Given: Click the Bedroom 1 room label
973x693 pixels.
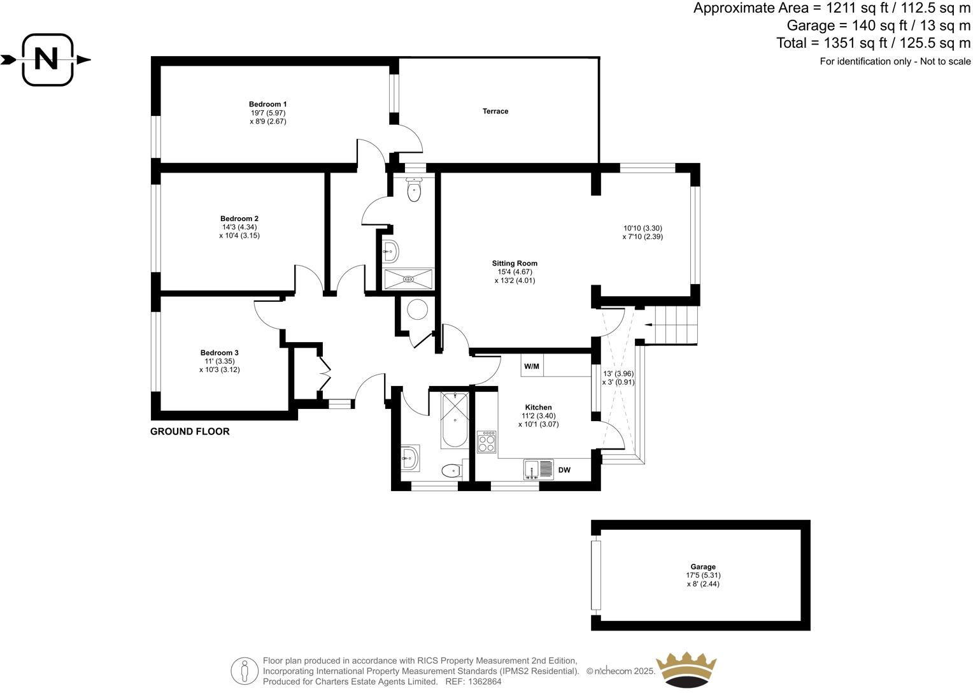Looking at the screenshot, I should click(x=267, y=104).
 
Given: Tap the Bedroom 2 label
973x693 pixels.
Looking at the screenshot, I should click(x=239, y=218).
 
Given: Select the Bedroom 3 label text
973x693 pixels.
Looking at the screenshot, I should click(x=219, y=353).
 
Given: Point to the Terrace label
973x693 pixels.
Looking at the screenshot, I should click(x=495, y=111).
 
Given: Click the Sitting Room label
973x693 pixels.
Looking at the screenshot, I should click(x=515, y=263).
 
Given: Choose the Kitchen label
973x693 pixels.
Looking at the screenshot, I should click(x=538, y=408).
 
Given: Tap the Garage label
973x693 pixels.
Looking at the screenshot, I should click(x=703, y=567).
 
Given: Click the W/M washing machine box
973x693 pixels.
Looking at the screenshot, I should click(x=532, y=366).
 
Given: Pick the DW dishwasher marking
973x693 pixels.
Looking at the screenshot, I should click(x=564, y=471).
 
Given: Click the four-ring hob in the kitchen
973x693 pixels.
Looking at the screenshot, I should click(x=487, y=442).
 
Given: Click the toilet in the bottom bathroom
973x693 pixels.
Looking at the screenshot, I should click(x=451, y=471).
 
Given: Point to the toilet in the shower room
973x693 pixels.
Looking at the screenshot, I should click(x=415, y=190).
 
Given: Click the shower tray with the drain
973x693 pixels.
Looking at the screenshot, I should click(x=408, y=278).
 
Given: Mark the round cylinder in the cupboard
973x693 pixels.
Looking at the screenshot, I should click(x=417, y=310).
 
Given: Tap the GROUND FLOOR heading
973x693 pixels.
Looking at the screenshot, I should click(x=190, y=432).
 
